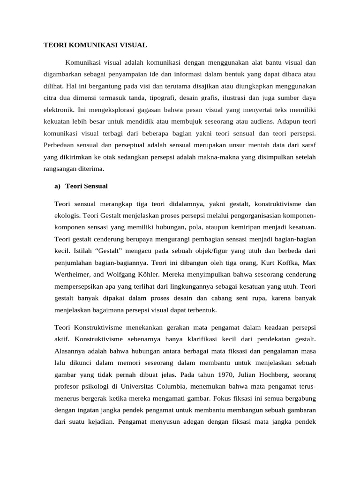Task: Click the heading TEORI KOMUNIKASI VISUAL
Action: point(95,45)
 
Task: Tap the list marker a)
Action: point(58,186)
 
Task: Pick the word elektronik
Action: point(59,111)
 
